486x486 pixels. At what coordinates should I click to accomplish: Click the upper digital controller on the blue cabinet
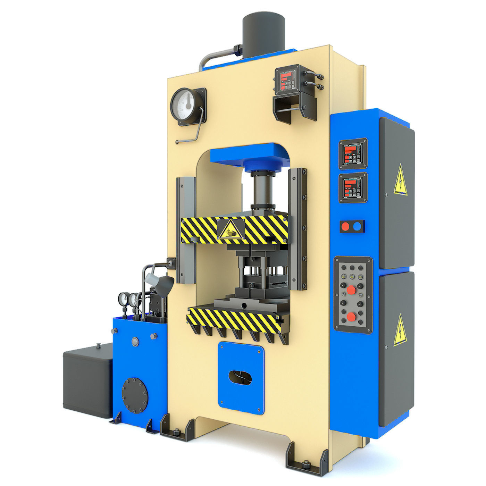pos(353,153)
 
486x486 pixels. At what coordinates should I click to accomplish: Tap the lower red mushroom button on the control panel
pos(352,317)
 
